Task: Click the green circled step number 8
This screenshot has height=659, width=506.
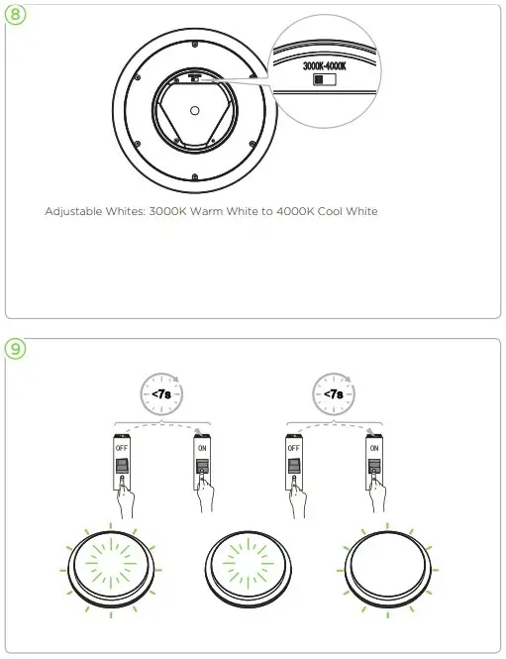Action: pos(15,14)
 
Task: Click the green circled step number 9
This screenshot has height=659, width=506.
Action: pos(15,349)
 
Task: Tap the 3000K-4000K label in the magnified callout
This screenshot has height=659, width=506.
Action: pos(325,66)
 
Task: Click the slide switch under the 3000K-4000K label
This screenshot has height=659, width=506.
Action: pos(325,79)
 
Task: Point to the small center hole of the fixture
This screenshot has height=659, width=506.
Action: pos(194,111)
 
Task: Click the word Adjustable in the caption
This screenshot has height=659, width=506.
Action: pos(73,211)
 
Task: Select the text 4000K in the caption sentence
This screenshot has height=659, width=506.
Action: pos(295,211)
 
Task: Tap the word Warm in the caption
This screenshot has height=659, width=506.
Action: pos(207,211)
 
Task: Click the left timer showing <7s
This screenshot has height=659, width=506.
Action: pos(161,393)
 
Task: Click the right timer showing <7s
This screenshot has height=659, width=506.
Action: pos(334,393)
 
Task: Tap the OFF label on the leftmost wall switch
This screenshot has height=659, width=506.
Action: pos(122,448)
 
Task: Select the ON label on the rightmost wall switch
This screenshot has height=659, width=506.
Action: pos(374,448)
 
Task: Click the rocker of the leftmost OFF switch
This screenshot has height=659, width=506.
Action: pos(122,466)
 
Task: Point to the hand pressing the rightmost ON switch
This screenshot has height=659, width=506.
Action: pos(376,492)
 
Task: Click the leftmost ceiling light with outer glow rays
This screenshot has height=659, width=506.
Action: pos(111,569)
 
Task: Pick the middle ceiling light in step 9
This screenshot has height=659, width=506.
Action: pos(249,569)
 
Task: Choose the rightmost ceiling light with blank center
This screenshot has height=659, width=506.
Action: pos(387,569)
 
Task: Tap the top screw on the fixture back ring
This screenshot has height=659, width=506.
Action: pos(194,44)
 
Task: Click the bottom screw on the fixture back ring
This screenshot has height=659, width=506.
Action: pos(194,177)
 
